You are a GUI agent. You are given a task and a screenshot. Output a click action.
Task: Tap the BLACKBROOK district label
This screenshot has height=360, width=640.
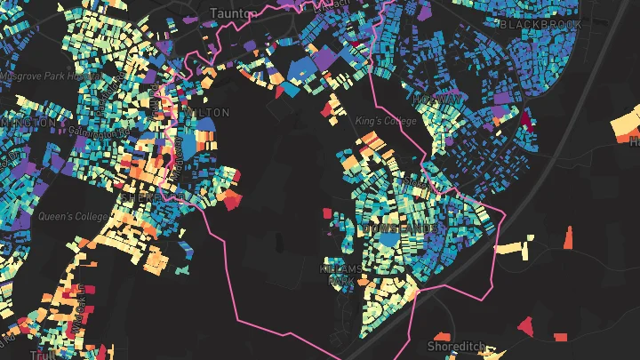click(x=541, y=25)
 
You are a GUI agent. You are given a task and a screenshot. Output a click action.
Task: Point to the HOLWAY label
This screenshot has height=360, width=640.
click(x=436, y=99)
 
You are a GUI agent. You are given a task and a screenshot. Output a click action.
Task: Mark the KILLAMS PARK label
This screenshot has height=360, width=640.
click(x=341, y=274)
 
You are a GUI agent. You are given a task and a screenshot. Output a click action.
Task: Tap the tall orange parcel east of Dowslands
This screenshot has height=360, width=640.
click(x=569, y=237)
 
